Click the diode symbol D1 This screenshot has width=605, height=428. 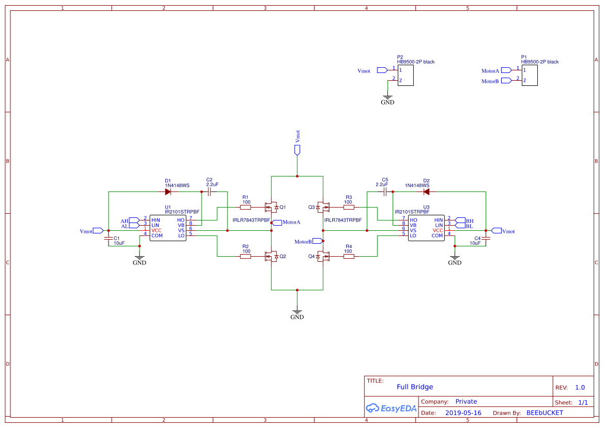[x=168, y=191]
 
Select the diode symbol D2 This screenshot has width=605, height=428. [x=426, y=191]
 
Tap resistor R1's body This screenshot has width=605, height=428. [x=246, y=207]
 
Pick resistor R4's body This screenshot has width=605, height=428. [x=349, y=256]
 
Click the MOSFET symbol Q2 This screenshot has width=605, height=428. [x=271, y=256]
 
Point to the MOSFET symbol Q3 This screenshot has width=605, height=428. [x=323, y=207]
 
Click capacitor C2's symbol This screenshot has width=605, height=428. [x=209, y=191]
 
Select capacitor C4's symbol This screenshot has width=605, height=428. [x=486, y=238]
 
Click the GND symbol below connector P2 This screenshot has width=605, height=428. [x=387, y=98]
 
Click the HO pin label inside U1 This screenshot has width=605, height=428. [x=181, y=220]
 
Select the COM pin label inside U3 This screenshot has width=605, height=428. [x=437, y=235]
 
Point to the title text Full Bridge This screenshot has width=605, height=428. [x=415, y=387]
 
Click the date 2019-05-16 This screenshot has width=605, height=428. [x=463, y=413]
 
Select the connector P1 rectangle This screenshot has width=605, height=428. [x=529, y=76]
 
